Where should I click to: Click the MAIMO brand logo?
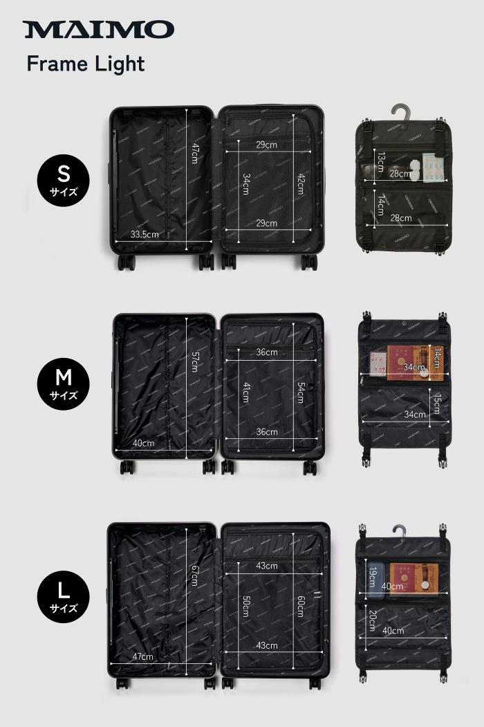pyautogui.click(x=98, y=29)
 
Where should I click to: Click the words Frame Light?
pyautogui.click(x=86, y=64)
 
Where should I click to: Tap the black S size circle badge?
pyautogui.click(x=63, y=180)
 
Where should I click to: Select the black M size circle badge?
pyautogui.click(x=63, y=384)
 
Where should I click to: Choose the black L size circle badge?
pyautogui.click(x=63, y=596)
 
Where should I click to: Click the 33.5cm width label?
pyautogui.click(x=145, y=234)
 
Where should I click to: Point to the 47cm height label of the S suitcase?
pyautogui.click(x=195, y=153)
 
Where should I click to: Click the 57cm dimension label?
pyautogui.click(x=195, y=361)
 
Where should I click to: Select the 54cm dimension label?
pyautogui.click(x=301, y=393)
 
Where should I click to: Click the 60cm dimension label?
pyautogui.click(x=301, y=607)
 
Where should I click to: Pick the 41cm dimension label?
pyautogui.click(x=247, y=393)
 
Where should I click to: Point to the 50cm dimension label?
pyautogui.click(x=247, y=607)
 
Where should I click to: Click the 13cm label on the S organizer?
pyautogui.click(x=380, y=162)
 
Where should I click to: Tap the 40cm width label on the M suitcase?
pyautogui.click(x=144, y=443)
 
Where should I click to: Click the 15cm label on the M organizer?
pyautogui.click(x=436, y=403)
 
